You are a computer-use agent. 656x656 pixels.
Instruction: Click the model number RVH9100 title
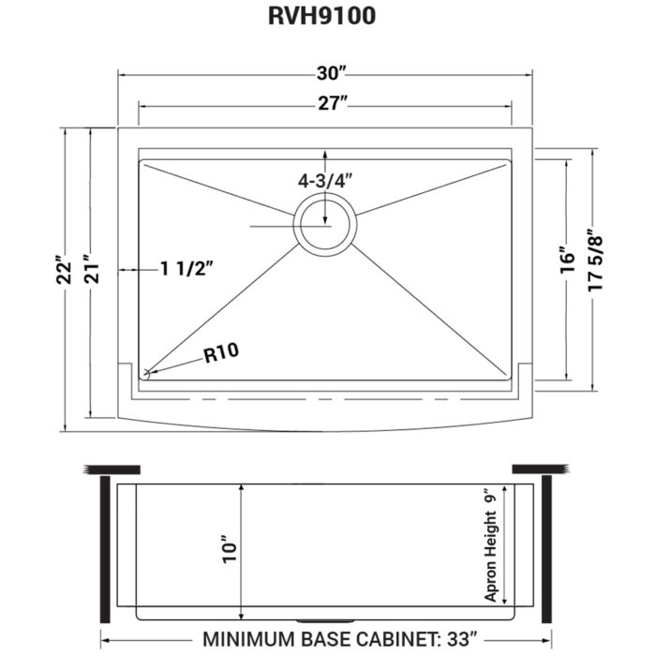click(x=328, y=18)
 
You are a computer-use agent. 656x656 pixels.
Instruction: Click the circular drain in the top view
click(x=324, y=223)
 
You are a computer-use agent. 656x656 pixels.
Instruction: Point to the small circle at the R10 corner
click(x=146, y=374)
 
